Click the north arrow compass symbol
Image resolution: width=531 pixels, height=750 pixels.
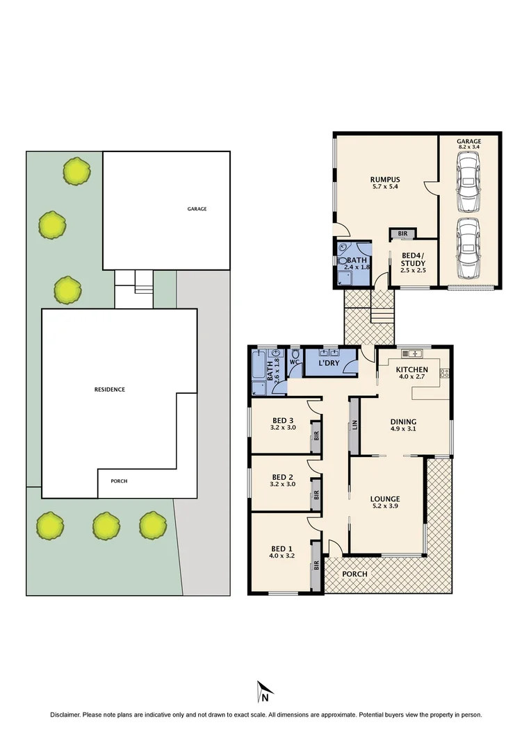[264, 692]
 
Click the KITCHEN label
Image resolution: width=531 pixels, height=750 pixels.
[411, 369]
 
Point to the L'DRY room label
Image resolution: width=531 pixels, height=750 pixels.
[328, 364]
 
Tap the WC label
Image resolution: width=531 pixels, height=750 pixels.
[294, 362]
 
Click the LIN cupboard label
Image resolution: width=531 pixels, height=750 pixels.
[354, 425]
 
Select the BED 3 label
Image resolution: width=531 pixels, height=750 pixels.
[282, 420]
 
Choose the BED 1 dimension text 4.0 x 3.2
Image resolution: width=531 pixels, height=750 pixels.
[282, 556]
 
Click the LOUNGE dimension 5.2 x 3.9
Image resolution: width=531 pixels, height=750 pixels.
[384, 508]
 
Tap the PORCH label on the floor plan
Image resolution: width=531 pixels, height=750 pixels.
[355, 574]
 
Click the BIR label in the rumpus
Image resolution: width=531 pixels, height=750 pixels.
[402, 234]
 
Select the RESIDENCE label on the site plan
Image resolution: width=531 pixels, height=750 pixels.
[110, 390]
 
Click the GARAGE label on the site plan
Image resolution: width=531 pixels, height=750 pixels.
[197, 209]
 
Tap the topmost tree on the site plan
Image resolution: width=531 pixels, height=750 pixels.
[76, 171]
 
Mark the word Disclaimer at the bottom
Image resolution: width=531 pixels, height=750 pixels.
[65, 715]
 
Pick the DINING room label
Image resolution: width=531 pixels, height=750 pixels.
[403, 422]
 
